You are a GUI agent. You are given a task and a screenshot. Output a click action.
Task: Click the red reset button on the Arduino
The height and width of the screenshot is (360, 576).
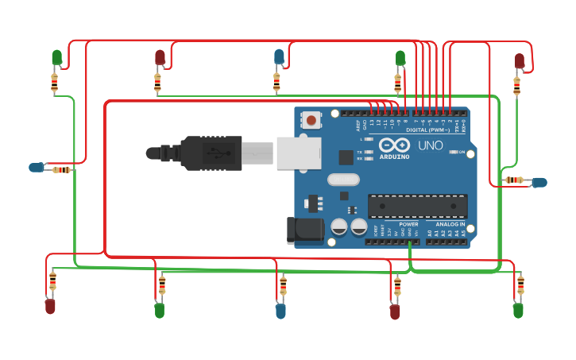coord(311,120)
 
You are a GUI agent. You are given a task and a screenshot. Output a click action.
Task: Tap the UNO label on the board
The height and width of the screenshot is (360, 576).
coord(430,145)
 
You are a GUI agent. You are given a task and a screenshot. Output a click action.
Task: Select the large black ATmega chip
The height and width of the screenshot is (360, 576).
coord(417,206)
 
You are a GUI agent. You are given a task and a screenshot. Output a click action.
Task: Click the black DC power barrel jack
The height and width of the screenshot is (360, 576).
coord(304,230)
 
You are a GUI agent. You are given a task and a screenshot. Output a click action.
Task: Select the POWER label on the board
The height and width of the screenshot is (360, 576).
coord(408,225)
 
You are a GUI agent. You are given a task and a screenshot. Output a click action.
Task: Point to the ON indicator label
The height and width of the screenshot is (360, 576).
coord(461,152)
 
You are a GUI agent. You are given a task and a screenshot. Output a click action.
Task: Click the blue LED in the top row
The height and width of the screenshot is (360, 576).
coord(279,56)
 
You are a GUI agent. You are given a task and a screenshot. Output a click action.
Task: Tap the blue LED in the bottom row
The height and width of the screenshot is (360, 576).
coord(280,311)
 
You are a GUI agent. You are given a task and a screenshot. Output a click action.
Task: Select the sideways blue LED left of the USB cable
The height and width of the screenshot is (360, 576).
coord(37,168)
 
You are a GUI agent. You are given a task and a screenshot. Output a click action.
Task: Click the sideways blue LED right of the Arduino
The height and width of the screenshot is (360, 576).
coord(539,183)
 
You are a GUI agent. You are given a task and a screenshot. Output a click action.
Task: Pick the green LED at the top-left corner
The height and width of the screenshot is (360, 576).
coord(57,57)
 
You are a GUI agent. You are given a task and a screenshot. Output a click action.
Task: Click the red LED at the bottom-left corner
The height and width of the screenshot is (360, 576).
coord(50,306)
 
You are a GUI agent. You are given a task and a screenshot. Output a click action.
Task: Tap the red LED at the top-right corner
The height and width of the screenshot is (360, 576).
coord(519,61)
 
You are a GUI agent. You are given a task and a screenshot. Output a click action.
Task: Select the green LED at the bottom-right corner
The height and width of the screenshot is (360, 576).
coord(518,310)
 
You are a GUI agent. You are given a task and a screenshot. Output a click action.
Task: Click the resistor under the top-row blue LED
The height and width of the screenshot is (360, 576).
coord(276,81)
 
